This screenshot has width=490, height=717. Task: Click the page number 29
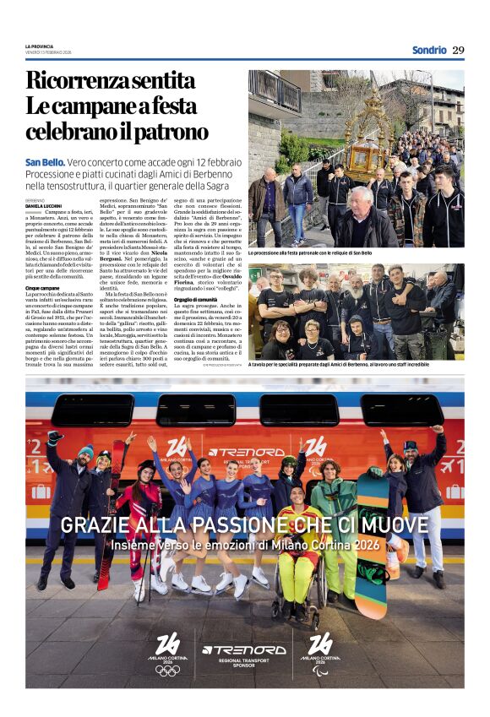(458, 50)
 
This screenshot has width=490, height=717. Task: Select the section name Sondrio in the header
(429, 50)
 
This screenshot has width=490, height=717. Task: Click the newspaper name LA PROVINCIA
(40, 46)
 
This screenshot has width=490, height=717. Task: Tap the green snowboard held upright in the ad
(369, 528)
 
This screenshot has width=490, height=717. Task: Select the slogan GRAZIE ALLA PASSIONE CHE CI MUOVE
(244, 524)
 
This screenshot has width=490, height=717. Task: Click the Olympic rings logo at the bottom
(167, 670)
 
